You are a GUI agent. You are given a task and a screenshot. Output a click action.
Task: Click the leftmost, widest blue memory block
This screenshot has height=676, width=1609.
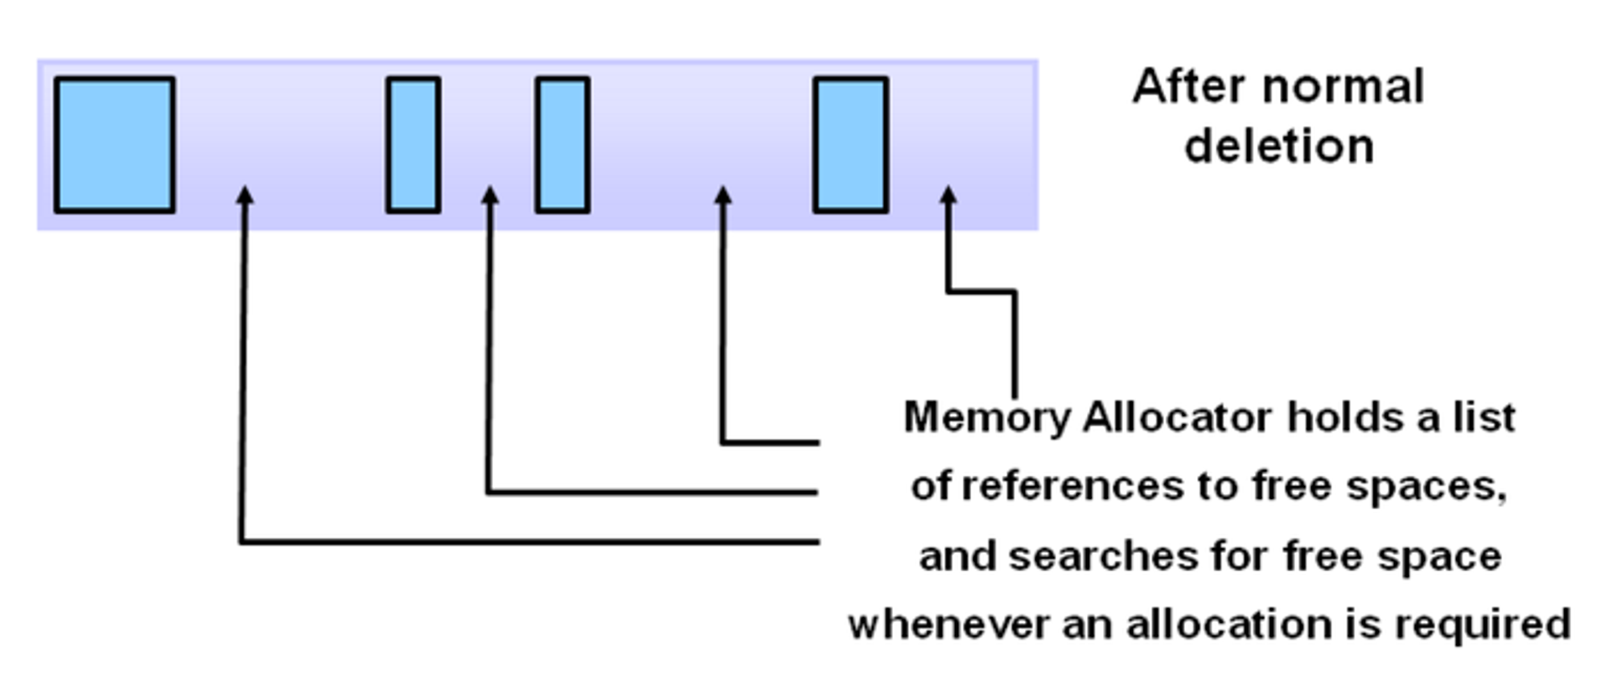click(114, 145)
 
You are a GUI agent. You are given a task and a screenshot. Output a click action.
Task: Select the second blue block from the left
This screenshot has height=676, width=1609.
click(413, 145)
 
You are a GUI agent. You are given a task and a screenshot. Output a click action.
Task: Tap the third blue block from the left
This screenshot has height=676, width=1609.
click(562, 145)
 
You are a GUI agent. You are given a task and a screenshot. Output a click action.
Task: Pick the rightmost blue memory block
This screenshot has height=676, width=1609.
click(850, 145)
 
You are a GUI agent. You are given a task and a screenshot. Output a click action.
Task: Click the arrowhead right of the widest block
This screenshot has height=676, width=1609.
click(245, 196)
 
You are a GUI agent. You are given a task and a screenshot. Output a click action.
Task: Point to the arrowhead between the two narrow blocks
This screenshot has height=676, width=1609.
click(490, 196)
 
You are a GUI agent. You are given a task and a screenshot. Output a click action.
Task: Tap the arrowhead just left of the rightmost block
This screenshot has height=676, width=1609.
click(723, 196)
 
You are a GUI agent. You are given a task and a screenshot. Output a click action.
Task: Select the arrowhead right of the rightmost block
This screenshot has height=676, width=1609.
click(949, 196)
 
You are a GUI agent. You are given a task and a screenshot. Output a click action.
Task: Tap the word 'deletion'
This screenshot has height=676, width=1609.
click(1279, 146)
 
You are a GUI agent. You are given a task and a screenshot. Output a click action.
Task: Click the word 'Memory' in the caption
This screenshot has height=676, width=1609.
click(986, 418)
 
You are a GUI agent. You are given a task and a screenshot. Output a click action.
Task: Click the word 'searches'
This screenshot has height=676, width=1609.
click(1097, 556)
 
